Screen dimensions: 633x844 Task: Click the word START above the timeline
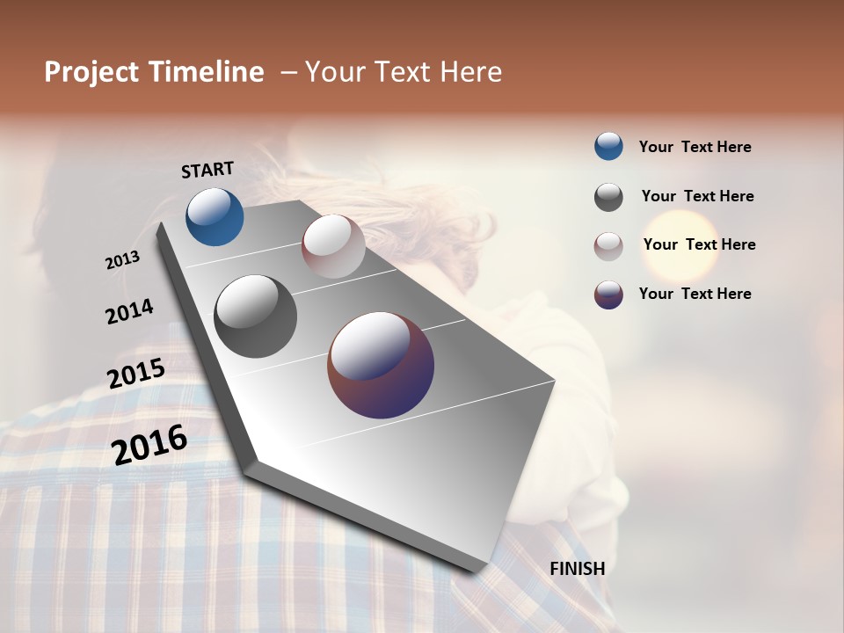click(x=207, y=169)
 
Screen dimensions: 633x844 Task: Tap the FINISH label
click(x=578, y=569)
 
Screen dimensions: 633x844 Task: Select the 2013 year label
click(x=123, y=260)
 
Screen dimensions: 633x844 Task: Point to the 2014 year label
click(x=129, y=312)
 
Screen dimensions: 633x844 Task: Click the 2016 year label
click(x=149, y=445)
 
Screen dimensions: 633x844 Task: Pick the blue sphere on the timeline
click(x=215, y=216)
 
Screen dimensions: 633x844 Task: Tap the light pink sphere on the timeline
click(x=333, y=246)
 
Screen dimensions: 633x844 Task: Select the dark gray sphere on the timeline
click(x=255, y=316)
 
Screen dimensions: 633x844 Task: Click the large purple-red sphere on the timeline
click(x=381, y=365)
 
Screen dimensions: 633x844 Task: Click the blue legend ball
click(x=608, y=146)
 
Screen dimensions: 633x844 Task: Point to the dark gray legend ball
click(x=608, y=197)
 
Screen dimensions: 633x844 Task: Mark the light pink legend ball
click(x=608, y=246)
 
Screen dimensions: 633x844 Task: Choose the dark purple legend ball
click(x=608, y=295)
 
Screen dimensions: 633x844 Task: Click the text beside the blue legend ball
click(x=695, y=147)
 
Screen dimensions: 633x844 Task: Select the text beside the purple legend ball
click(x=695, y=294)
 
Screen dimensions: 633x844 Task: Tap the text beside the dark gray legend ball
click(x=697, y=196)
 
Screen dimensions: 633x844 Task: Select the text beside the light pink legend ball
click(x=699, y=244)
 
